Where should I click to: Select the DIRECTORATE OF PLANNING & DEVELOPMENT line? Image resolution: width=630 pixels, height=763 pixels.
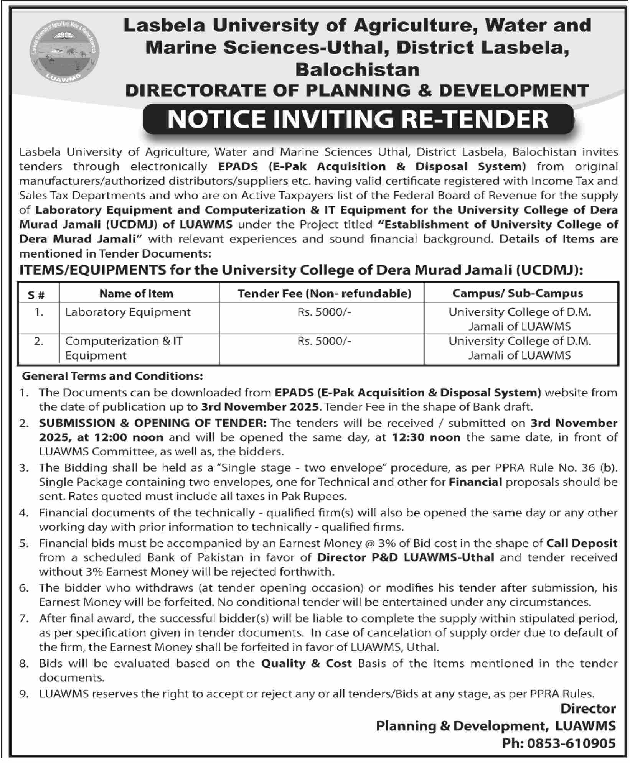[357, 90]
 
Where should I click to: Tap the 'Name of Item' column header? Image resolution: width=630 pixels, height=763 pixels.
[136, 293]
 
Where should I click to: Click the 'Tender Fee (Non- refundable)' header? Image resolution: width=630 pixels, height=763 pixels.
[324, 293]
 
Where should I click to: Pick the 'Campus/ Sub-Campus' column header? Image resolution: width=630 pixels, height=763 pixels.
[518, 293]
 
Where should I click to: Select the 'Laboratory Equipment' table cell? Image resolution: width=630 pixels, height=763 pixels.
[127, 312]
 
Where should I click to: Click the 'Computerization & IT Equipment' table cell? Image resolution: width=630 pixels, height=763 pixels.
[124, 348]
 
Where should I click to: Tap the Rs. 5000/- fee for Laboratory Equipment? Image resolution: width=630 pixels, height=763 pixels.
[324, 312]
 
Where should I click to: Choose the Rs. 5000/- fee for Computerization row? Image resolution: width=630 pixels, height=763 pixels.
[324, 341]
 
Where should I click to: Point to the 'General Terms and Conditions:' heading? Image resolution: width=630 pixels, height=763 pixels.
[112, 376]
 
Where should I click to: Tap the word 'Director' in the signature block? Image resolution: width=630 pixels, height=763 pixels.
[588, 708]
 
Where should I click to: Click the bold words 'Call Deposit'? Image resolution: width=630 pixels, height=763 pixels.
[582, 543]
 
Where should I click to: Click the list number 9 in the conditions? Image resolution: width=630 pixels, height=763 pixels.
[25, 694]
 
